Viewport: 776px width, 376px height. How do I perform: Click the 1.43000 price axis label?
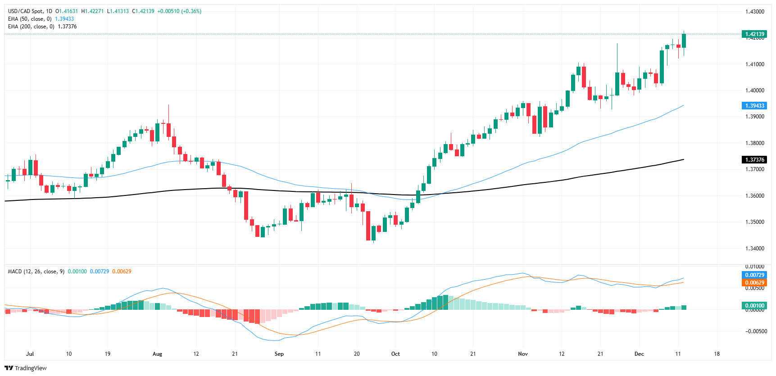[754, 12]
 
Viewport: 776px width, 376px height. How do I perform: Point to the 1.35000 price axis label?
[754, 222]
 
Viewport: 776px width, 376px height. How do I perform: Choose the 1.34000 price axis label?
[754, 249]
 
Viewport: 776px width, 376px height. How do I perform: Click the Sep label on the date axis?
[279, 354]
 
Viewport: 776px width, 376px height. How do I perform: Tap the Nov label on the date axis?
[522, 354]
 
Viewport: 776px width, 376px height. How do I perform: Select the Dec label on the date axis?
[639, 354]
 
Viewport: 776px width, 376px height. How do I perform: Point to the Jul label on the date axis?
[30, 354]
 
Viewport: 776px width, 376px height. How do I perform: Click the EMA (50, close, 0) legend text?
[30, 19]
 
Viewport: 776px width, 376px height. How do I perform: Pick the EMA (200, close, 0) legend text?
[31, 27]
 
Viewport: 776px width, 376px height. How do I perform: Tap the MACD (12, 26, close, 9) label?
[36, 272]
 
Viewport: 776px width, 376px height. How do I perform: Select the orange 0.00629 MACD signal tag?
[754, 283]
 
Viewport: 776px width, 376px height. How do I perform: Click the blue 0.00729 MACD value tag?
[754, 275]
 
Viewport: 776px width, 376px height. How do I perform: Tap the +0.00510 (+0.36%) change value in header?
[179, 11]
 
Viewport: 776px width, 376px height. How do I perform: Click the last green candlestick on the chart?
[684, 41]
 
